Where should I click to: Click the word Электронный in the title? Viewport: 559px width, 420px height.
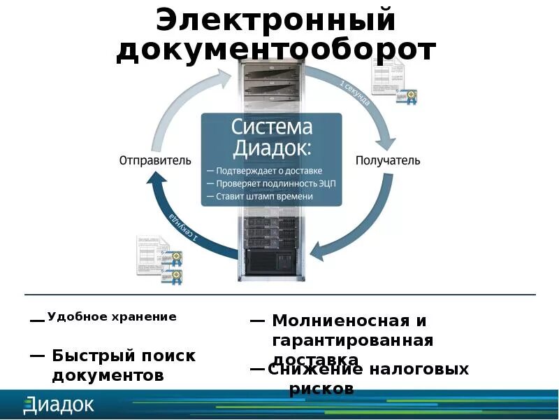pyautogui.click(x=276, y=20)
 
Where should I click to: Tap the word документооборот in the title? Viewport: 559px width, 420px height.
pyautogui.click(x=276, y=50)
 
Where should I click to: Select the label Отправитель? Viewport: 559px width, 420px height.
pyautogui.click(x=154, y=160)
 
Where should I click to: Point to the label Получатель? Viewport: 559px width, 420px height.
pyautogui.click(x=388, y=160)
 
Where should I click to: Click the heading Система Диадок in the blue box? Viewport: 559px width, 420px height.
pyautogui.click(x=272, y=138)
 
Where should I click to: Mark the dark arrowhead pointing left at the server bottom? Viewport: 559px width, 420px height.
pyautogui.click(x=319, y=251)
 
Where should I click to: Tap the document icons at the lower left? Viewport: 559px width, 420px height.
pyautogui.click(x=159, y=258)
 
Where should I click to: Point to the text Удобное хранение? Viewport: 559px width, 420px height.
pyautogui.click(x=112, y=316)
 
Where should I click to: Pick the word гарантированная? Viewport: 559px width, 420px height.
pyautogui.click(x=352, y=340)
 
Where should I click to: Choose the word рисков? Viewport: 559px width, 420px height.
pyautogui.click(x=321, y=389)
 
